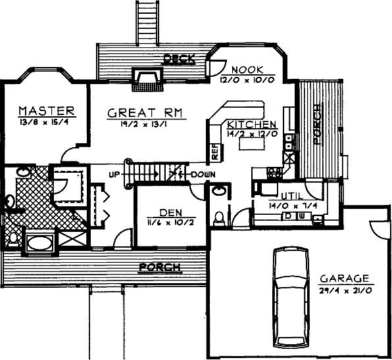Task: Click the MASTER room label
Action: click(x=47, y=111)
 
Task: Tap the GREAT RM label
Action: click(x=145, y=113)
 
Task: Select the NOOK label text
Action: click(x=247, y=70)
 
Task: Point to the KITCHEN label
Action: click(x=251, y=124)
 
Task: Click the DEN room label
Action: click(x=171, y=213)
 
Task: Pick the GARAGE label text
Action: click(x=345, y=279)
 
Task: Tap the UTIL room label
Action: click(x=292, y=196)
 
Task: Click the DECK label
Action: click(x=179, y=59)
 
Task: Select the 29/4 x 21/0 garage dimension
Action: click(x=346, y=291)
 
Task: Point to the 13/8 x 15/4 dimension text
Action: click(x=44, y=122)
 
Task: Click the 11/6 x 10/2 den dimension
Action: click(x=170, y=222)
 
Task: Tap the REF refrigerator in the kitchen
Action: click(x=215, y=152)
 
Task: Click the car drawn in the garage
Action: click(x=291, y=297)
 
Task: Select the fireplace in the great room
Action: click(x=147, y=79)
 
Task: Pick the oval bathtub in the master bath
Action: click(x=39, y=243)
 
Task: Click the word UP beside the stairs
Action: click(x=114, y=175)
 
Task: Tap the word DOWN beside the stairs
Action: click(x=203, y=175)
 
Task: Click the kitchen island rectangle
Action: click(x=251, y=144)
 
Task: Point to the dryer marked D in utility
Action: click(x=288, y=216)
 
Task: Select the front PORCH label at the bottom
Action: click(x=160, y=267)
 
